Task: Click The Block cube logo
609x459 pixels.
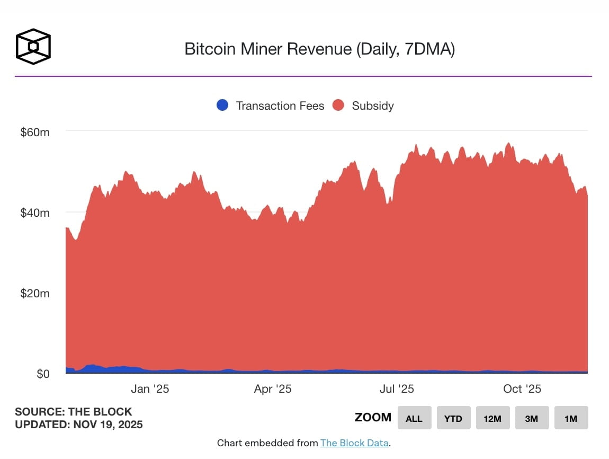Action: [33, 47]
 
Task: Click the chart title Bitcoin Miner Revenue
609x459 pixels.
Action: [319, 49]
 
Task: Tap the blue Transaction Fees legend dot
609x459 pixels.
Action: [223, 105]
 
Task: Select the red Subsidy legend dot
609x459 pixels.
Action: [339, 105]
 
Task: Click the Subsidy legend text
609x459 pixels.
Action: [372, 105]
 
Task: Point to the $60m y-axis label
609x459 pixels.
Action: [35, 132]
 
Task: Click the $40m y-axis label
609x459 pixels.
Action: [35, 213]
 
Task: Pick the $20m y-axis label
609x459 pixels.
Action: [35, 293]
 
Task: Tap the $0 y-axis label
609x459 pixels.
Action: [43, 374]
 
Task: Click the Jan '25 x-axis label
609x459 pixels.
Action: [150, 389]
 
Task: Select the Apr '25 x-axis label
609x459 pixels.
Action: [273, 389]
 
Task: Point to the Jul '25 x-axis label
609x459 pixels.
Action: [397, 389]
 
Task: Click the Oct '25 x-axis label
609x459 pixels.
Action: [522, 389]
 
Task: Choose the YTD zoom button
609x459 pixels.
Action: [453, 418]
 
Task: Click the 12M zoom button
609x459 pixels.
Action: [492, 418]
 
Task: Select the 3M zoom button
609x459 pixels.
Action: [532, 418]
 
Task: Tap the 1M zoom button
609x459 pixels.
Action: [571, 418]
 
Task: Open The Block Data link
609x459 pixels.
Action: [354, 443]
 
